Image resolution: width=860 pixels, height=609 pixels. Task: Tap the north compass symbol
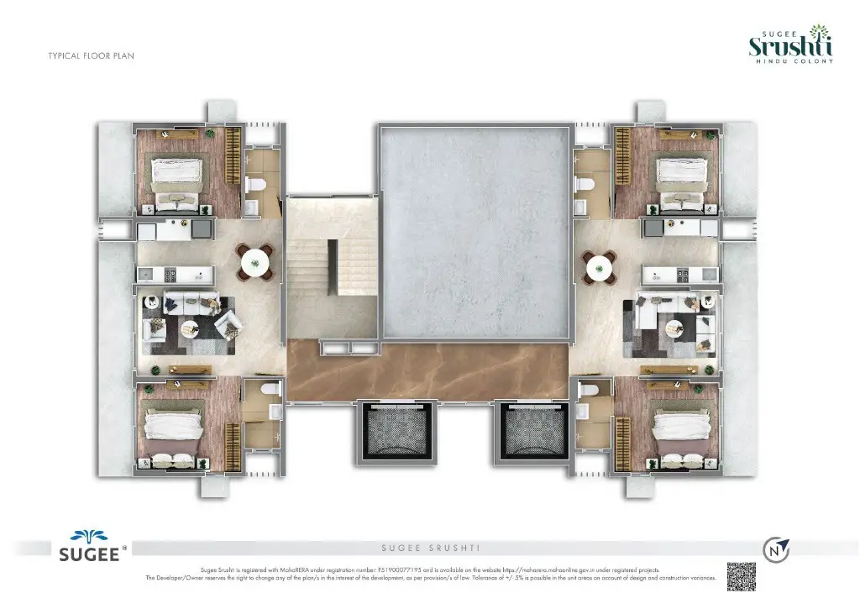[775, 549]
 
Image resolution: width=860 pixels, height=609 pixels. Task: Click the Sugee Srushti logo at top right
[790, 47]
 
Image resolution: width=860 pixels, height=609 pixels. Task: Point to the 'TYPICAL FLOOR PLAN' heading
[92, 56]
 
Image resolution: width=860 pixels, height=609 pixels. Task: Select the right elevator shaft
[535, 431]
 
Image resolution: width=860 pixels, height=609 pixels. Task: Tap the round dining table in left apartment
[255, 264]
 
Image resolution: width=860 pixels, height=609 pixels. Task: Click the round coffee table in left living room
[186, 328]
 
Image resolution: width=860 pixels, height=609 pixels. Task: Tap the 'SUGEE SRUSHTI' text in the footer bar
[430, 549]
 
